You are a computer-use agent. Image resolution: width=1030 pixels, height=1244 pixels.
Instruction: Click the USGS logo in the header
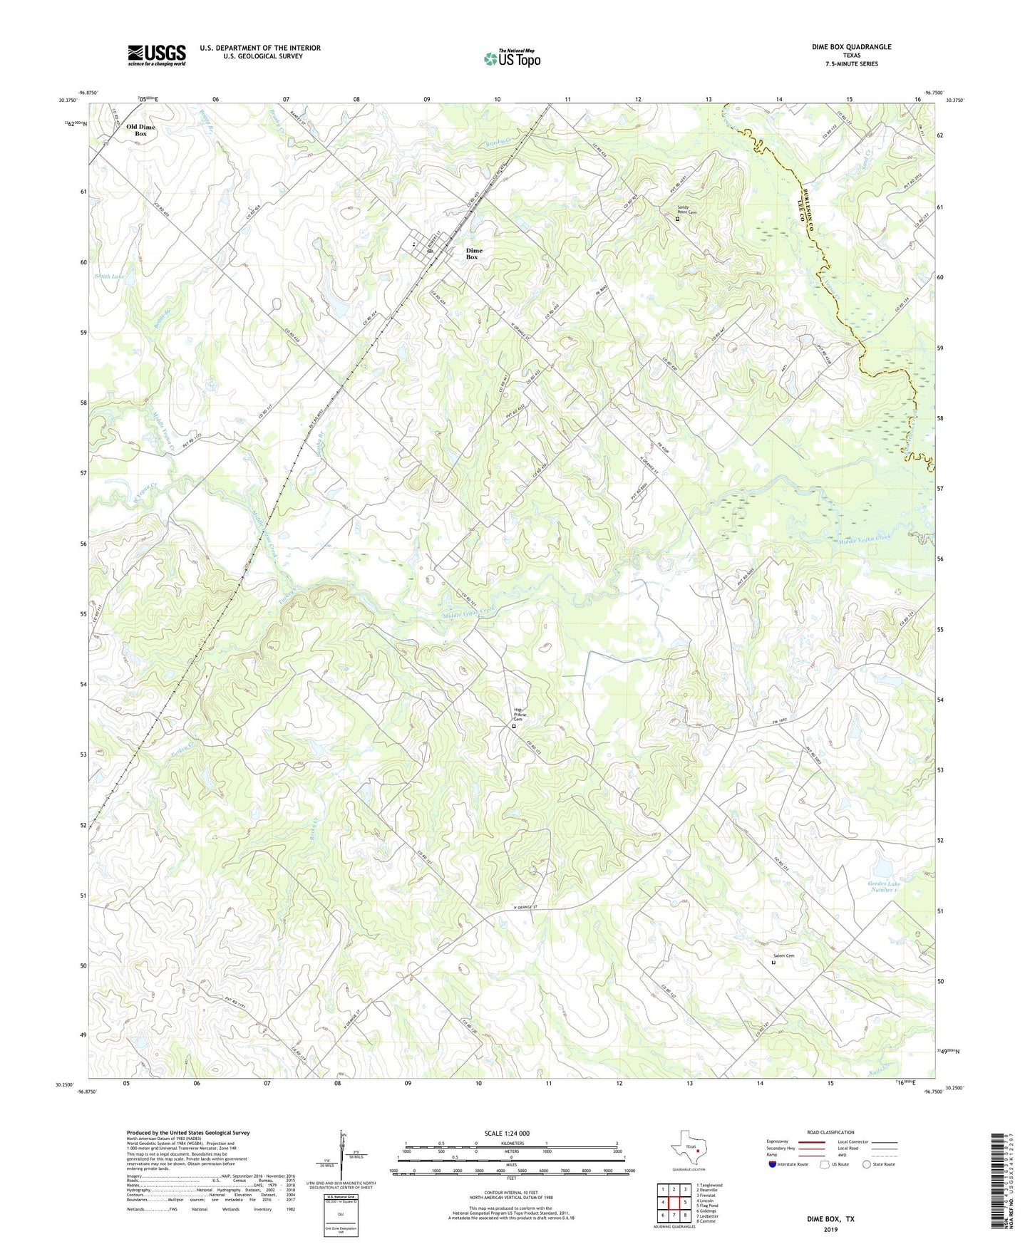pyautogui.click(x=157, y=55)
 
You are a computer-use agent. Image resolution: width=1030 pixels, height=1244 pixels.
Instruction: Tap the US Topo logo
pyautogui.click(x=512, y=58)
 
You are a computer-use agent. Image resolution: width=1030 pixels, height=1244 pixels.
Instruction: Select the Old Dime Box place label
pyautogui.click(x=140, y=130)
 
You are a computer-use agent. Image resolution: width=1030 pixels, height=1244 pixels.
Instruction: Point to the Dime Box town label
pyautogui.click(x=473, y=254)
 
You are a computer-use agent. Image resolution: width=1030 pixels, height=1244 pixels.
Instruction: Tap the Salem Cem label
pyautogui.click(x=783, y=956)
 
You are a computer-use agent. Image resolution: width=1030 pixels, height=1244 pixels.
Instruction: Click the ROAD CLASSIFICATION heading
pyautogui.click(x=830, y=1132)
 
